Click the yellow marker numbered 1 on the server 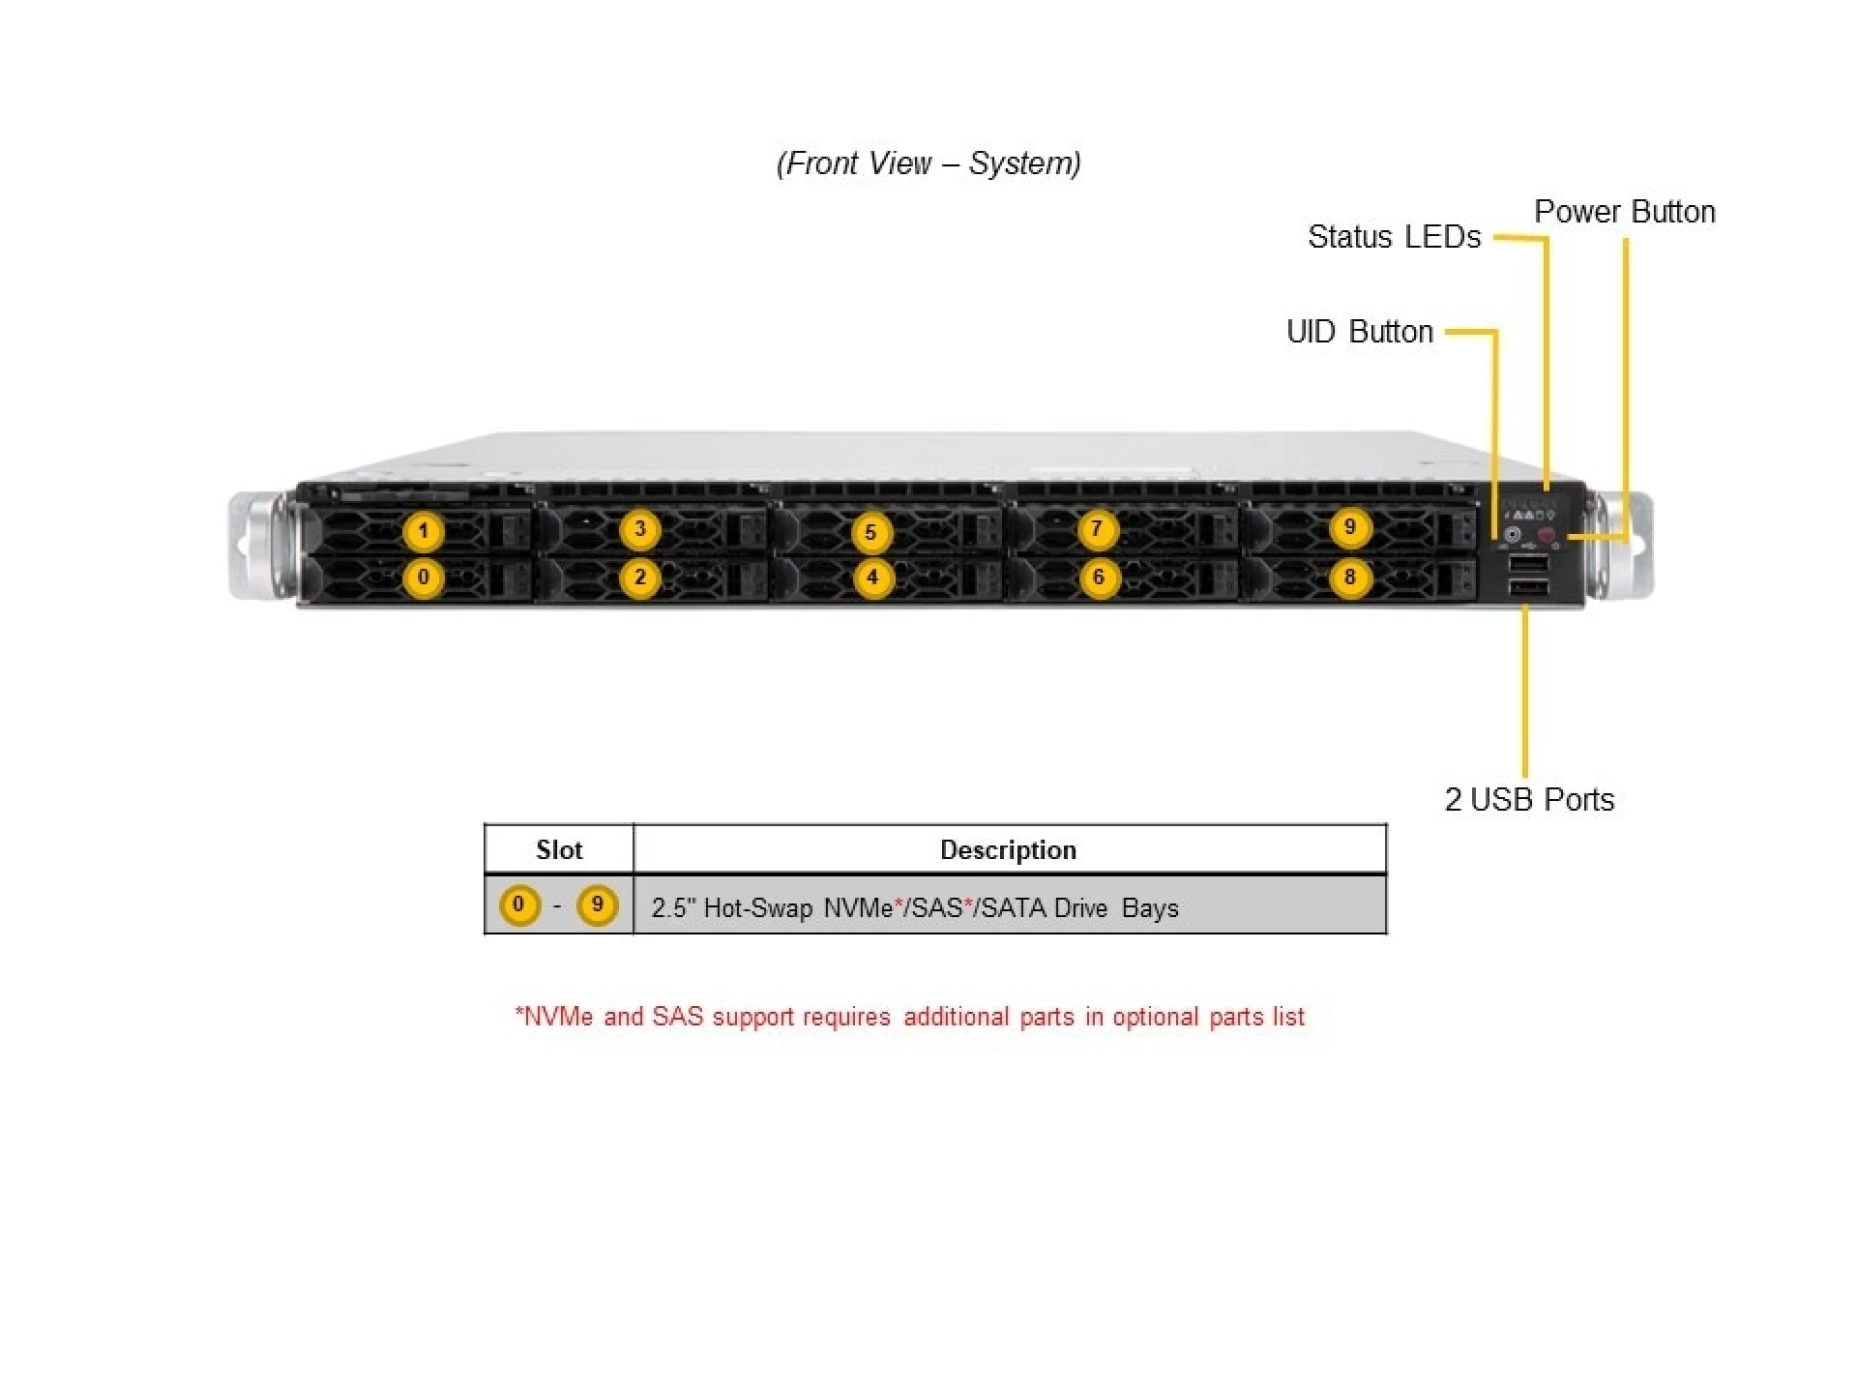(423, 531)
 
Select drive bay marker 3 (639, 529)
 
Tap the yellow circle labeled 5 (870, 532)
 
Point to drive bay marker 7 (1096, 529)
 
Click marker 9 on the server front (1350, 528)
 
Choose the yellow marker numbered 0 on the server (423, 578)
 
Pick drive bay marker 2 (639, 578)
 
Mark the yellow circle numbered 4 (871, 578)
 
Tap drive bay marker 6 (1098, 578)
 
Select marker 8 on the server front (1350, 578)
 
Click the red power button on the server (1547, 535)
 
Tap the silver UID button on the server (1513, 534)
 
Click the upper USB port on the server (1527, 563)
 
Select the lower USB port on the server (1527, 588)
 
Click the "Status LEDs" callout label (1394, 237)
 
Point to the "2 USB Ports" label (1529, 800)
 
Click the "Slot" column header (559, 850)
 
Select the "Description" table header (1008, 850)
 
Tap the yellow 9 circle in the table (597, 905)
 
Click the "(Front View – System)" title (928, 163)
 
